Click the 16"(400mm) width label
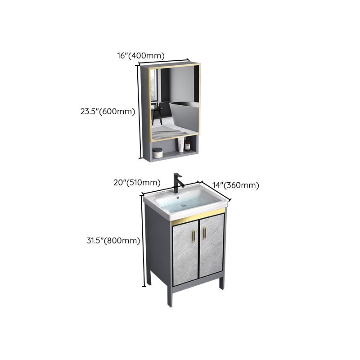tap(140, 55)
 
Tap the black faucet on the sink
tap(177, 182)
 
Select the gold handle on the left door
tap(194, 234)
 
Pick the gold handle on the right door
tap(204, 234)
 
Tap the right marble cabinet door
tap(211, 250)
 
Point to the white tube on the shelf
tap(180, 145)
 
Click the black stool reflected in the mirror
tap(157, 115)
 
